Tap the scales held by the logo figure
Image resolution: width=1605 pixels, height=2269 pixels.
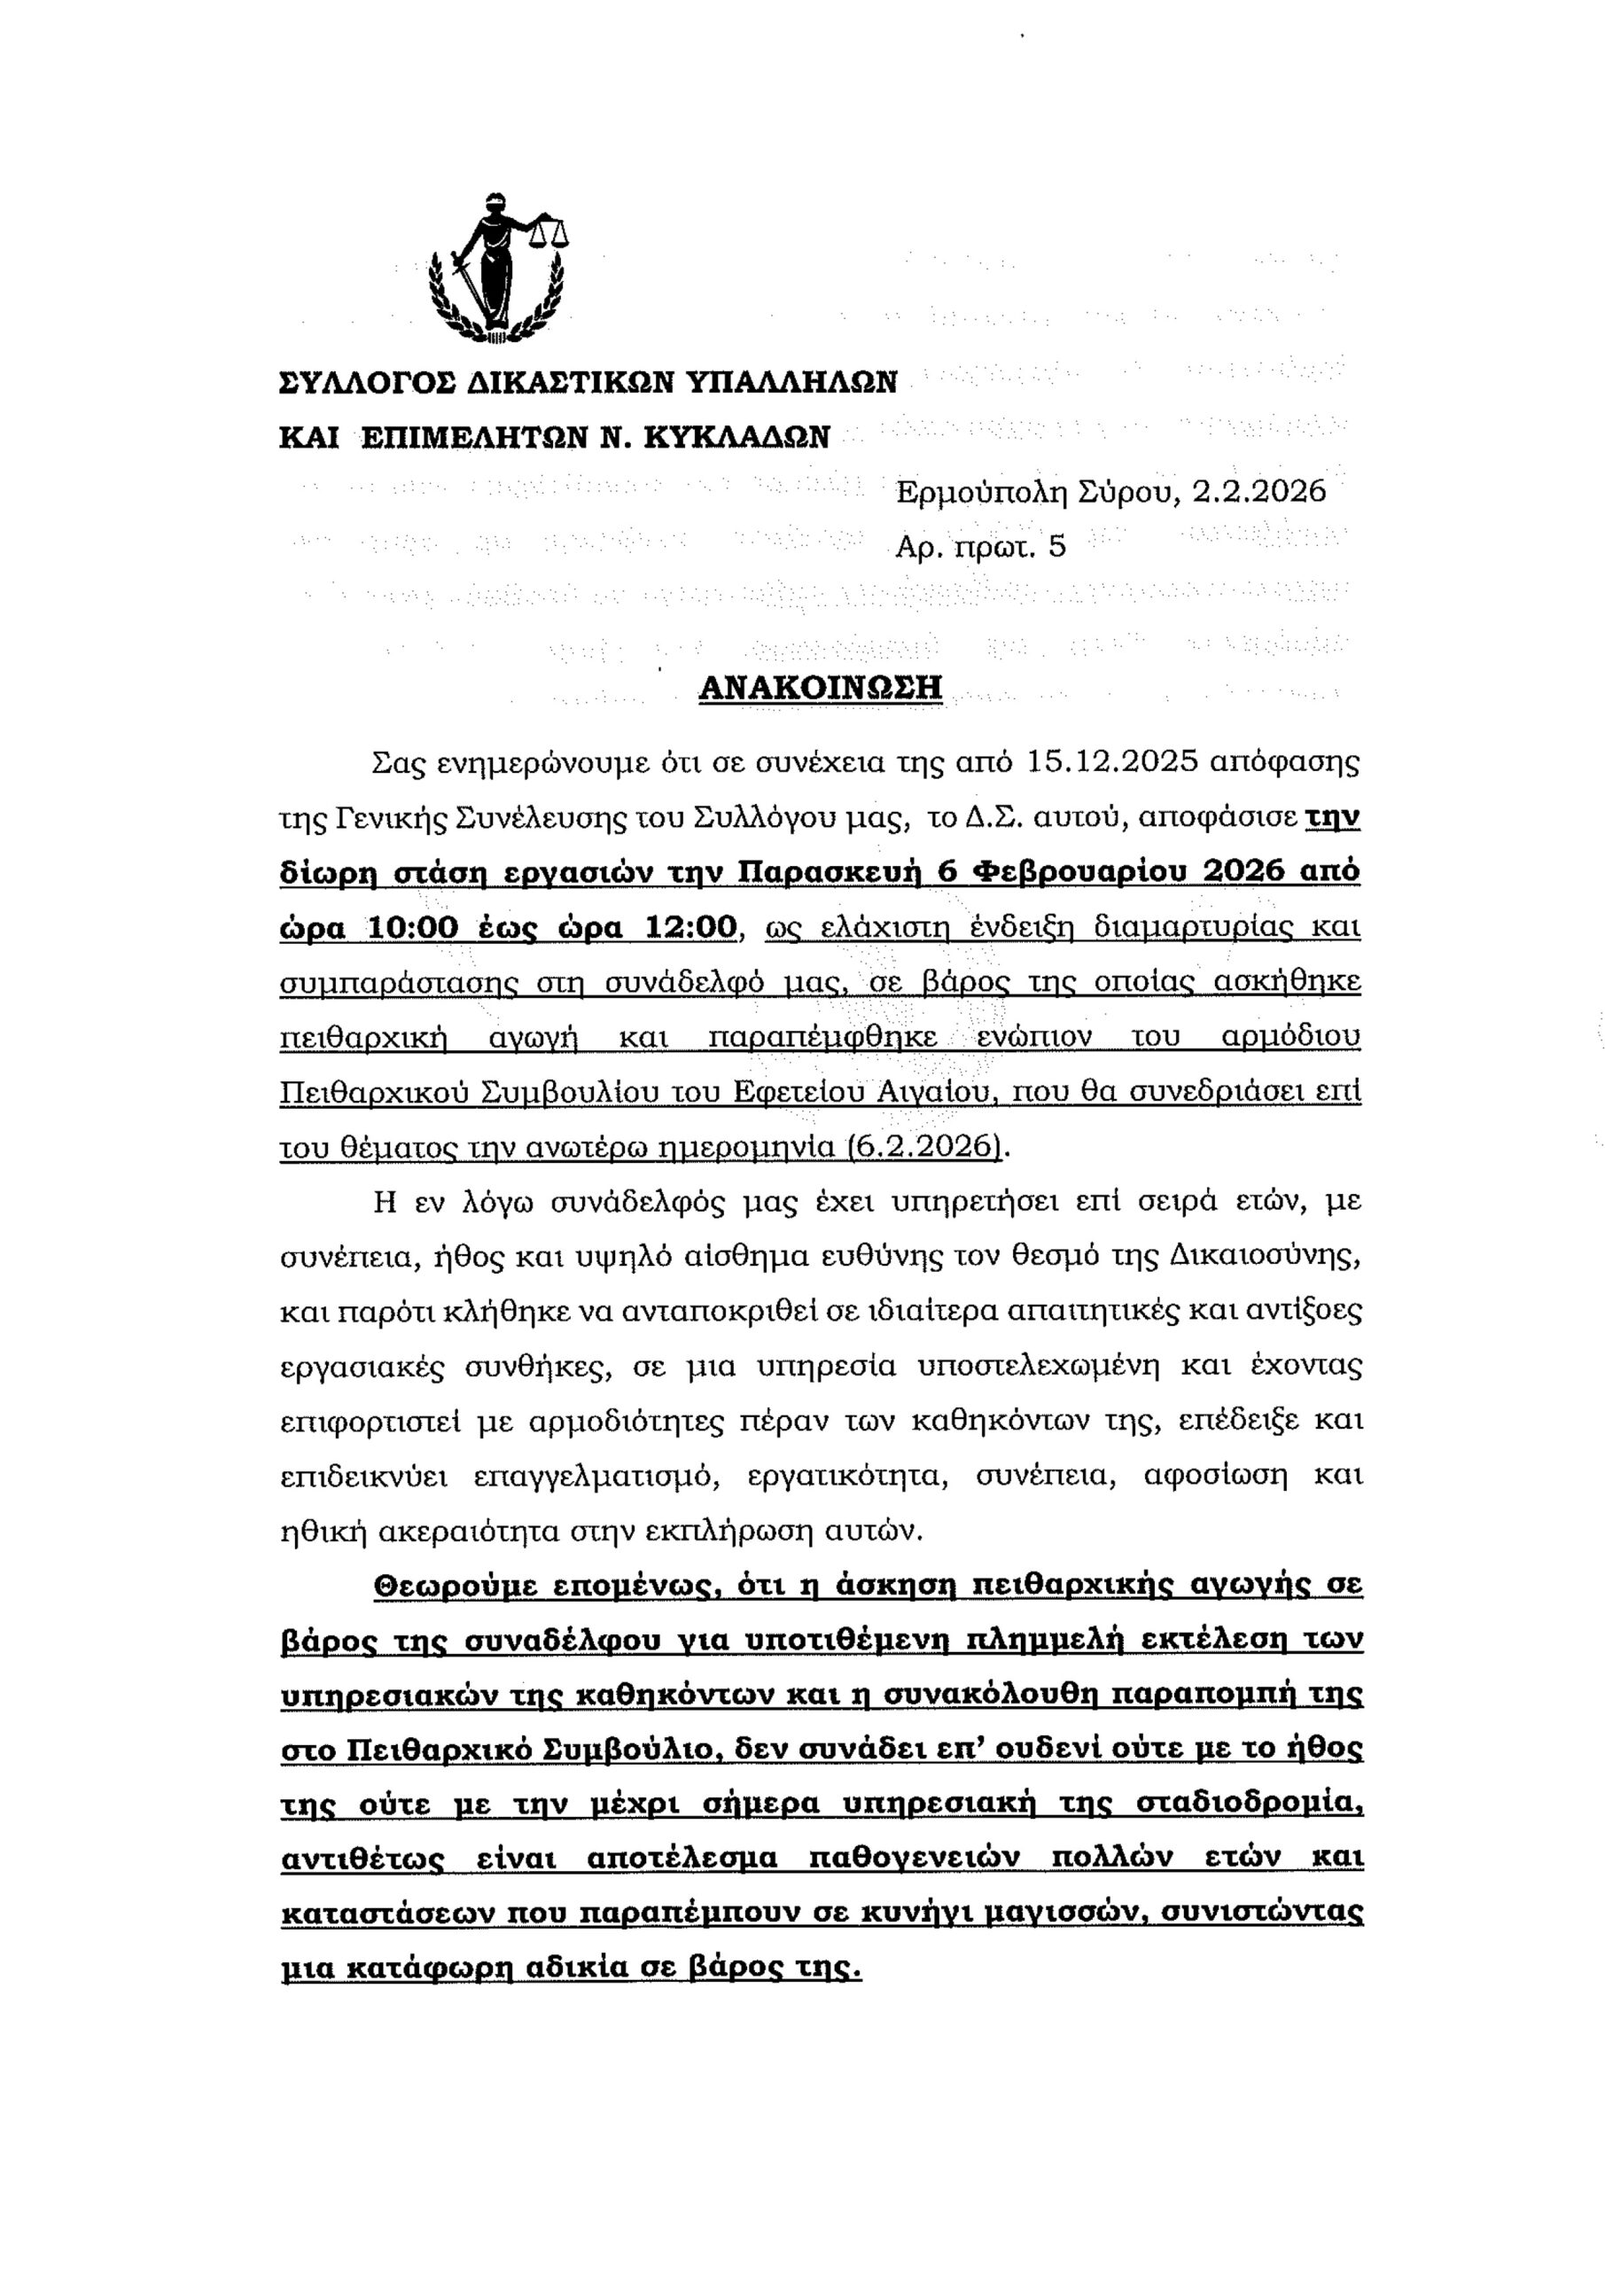tap(550, 231)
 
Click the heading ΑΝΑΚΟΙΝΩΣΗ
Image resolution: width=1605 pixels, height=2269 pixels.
tap(821, 687)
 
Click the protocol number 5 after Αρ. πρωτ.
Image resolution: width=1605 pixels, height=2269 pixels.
tap(1057, 547)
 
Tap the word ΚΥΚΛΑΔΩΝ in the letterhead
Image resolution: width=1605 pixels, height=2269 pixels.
tap(736, 436)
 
